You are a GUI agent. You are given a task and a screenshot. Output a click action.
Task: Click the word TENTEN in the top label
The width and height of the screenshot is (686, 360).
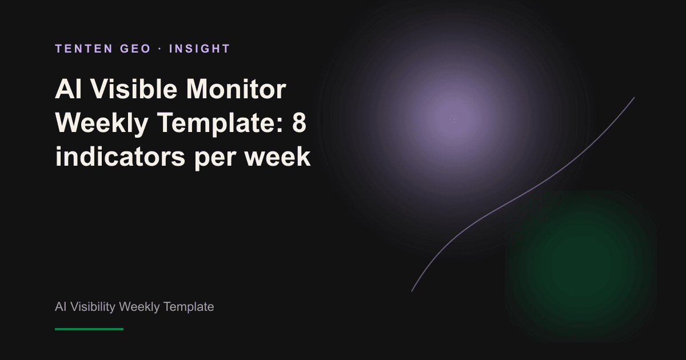point(83,49)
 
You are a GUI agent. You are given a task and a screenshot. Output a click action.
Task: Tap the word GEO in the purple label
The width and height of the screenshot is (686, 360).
point(135,49)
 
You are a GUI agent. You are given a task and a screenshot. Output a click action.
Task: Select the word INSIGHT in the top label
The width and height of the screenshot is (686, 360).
point(200,49)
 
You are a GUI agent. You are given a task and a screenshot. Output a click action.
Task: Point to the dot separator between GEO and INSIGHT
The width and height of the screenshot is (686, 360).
point(160,49)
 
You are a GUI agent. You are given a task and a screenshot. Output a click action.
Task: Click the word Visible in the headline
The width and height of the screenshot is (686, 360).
point(134,89)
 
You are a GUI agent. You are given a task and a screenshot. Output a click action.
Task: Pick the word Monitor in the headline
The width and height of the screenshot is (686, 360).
point(236,89)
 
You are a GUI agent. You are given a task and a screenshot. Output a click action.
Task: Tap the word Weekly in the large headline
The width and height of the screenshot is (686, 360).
point(102,123)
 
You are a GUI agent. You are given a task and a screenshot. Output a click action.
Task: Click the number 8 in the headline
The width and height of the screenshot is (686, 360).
point(299,122)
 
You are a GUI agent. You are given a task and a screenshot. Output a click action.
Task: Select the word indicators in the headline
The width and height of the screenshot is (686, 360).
point(120,156)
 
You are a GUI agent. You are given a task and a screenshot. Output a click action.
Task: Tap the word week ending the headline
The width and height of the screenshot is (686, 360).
point(277,156)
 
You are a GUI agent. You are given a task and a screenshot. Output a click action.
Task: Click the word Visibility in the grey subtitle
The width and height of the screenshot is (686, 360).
point(93,307)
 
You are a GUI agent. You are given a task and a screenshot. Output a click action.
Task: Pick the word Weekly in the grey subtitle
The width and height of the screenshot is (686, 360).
point(139,307)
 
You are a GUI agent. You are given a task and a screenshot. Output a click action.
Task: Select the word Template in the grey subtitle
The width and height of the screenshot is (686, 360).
point(188,307)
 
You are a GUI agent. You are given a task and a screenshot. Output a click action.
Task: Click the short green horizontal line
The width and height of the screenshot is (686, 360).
point(89,329)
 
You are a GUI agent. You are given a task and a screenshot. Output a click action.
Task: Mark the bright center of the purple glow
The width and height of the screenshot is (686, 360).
point(453,119)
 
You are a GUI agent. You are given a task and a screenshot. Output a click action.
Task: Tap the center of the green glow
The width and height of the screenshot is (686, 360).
point(581,266)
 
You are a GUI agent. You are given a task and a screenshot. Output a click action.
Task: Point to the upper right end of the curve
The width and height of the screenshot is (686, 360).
point(634,97)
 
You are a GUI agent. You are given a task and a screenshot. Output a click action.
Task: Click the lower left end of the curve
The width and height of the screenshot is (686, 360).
point(412,291)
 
